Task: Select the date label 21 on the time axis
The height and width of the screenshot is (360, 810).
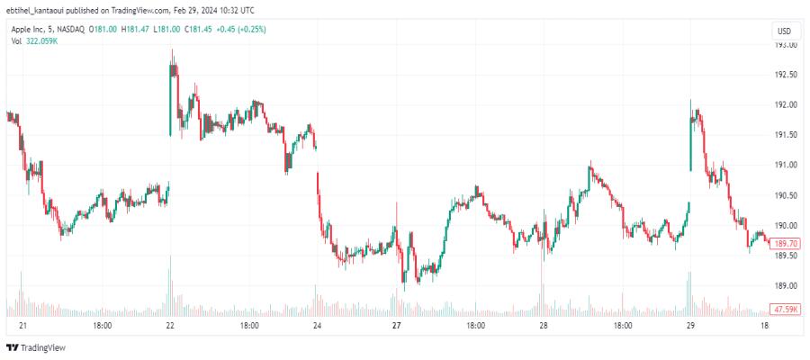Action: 22,326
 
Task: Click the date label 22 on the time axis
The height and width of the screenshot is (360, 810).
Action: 170,326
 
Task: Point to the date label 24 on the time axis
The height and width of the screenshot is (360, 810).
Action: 317,326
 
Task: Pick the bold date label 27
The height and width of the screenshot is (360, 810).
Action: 396,326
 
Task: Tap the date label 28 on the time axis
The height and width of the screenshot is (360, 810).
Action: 543,326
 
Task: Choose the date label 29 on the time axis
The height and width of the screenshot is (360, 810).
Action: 690,326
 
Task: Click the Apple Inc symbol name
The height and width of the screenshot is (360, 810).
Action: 31,30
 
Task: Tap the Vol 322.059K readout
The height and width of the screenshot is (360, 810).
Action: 36,41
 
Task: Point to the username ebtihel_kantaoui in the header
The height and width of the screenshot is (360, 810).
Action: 36,10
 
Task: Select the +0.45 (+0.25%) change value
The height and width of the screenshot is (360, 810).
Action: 241,30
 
